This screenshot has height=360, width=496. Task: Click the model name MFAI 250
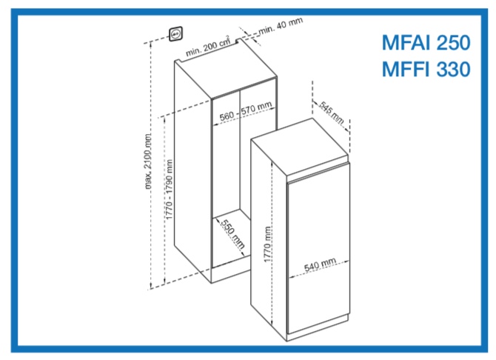(x=426, y=42)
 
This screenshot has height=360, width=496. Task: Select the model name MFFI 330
(x=426, y=69)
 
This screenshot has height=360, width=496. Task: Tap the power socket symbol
(x=175, y=34)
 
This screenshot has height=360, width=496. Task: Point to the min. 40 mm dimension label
(x=281, y=26)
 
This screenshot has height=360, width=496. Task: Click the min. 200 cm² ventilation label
(x=208, y=47)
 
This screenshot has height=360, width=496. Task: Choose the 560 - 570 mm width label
(x=246, y=111)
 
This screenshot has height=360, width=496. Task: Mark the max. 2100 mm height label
(x=148, y=161)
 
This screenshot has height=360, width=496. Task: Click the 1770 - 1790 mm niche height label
(x=170, y=190)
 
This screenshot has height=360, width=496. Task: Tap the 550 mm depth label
(x=232, y=234)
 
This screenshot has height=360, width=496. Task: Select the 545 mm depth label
(x=332, y=113)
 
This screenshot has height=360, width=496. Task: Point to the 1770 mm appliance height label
(x=267, y=244)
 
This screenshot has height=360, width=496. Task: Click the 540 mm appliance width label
(x=320, y=264)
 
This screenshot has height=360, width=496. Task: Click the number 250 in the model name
(x=453, y=42)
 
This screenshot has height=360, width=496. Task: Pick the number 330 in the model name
(x=453, y=69)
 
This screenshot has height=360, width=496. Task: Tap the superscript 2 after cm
(x=227, y=37)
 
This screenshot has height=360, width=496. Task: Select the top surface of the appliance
(x=300, y=147)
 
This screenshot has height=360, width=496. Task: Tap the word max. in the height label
(x=148, y=182)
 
